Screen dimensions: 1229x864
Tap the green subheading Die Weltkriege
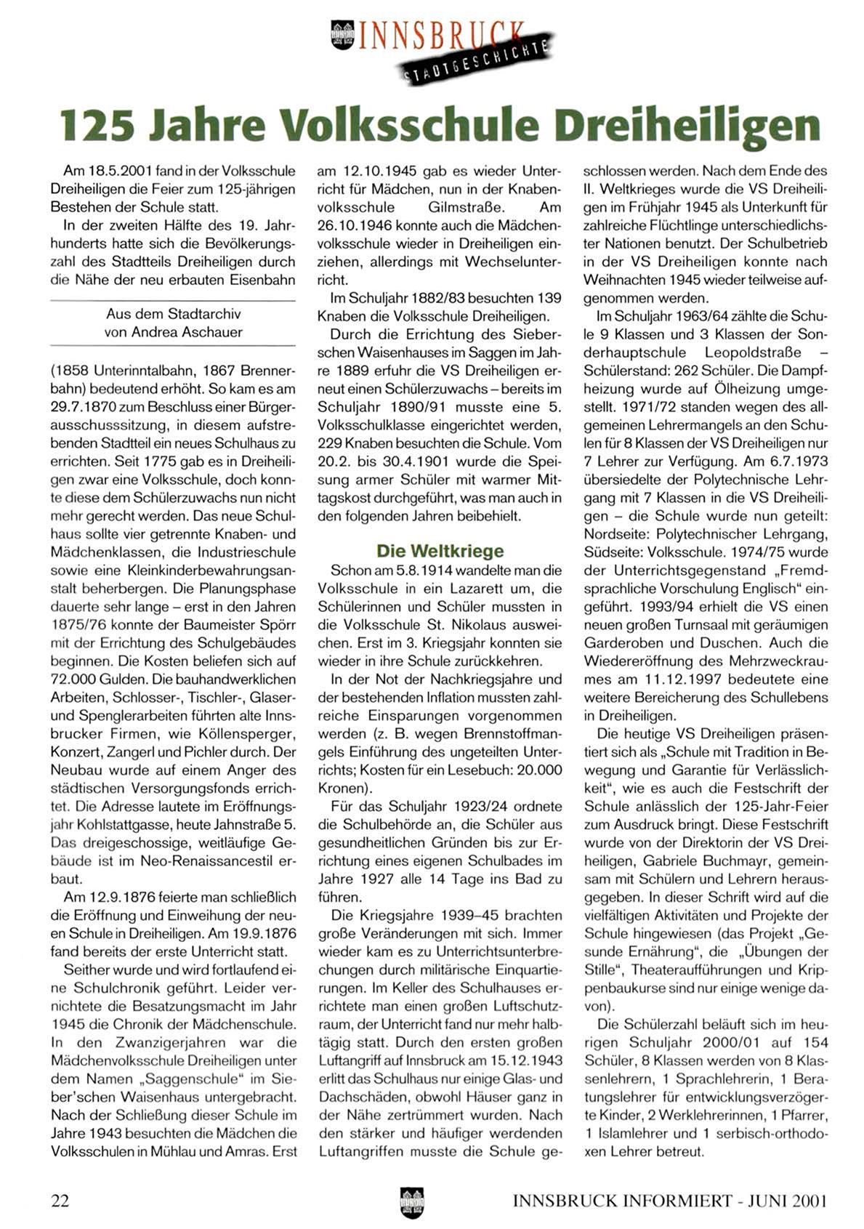[440, 550]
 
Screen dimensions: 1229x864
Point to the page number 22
[60, 1201]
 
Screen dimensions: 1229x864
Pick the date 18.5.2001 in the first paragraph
[119, 172]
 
